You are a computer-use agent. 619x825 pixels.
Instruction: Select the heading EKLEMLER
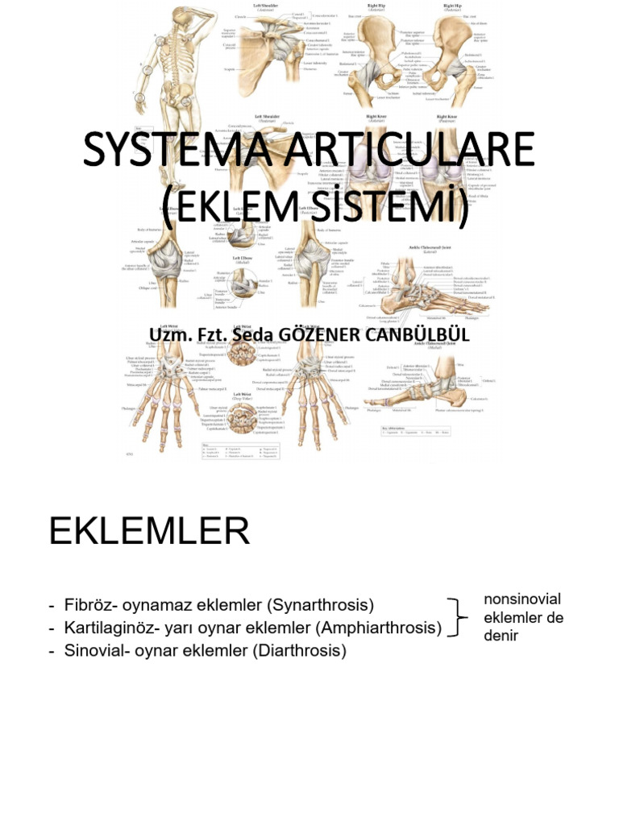tap(149, 533)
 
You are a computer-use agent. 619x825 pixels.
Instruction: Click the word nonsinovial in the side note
tap(522, 599)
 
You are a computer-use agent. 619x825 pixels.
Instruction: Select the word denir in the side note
tap(501, 636)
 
